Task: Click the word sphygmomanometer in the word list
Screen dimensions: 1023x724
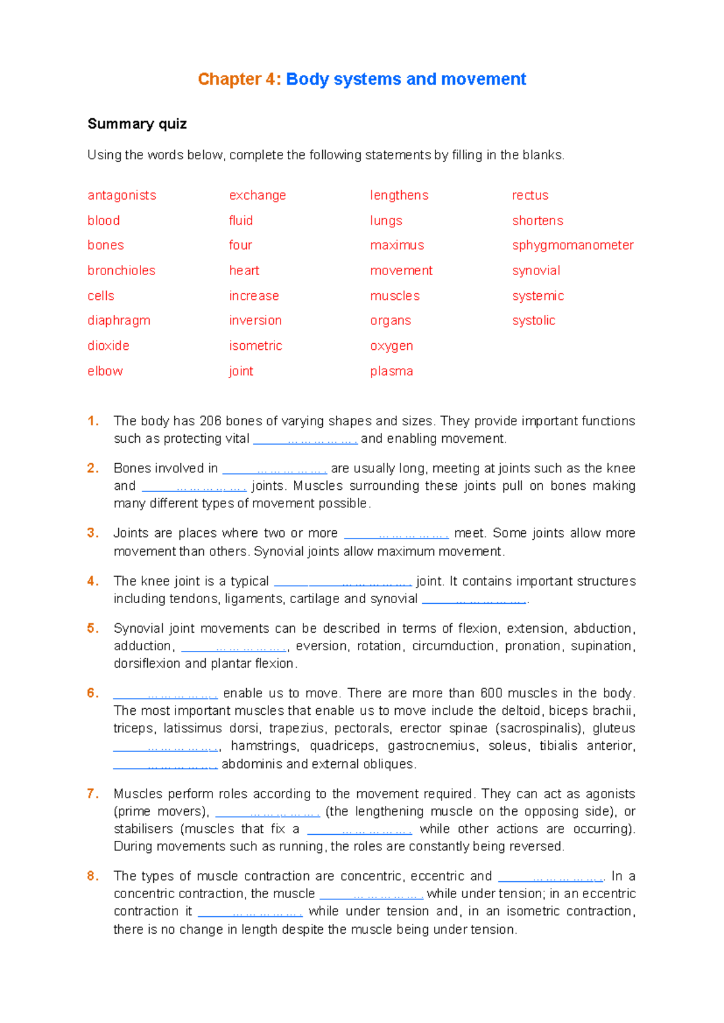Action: pos(573,245)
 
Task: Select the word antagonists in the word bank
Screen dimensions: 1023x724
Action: pos(122,195)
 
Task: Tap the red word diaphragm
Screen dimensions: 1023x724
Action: pos(119,320)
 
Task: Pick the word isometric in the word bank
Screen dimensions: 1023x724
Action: pos(255,346)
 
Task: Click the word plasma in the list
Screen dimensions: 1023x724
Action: pos(392,371)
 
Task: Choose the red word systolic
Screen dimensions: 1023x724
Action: pos(533,320)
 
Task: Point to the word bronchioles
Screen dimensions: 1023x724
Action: pos(121,270)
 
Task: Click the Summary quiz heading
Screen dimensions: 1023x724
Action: pos(137,124)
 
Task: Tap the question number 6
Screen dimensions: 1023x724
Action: pos(92,693)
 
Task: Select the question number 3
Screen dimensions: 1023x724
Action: pos(92,533)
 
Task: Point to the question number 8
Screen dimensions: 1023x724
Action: pos(92,876)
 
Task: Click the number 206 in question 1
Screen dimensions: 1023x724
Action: pos(211,421)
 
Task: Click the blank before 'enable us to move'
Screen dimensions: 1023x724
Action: pos(165,694)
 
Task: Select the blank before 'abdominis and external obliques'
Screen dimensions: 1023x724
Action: pos(165,765)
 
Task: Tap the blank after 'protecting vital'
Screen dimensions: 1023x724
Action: pos(305,440)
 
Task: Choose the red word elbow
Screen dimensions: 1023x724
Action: pos(105,371)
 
